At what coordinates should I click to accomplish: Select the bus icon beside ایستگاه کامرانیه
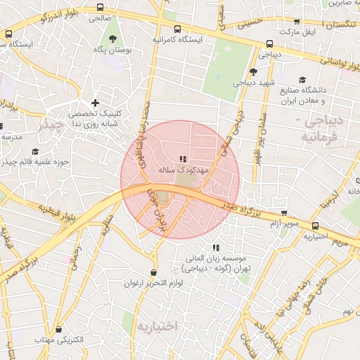click(176, 30)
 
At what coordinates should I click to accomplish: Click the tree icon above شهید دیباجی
click(253, 71)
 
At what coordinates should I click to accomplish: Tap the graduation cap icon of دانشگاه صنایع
click(302, 79)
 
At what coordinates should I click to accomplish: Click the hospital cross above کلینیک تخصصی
click(95, 103)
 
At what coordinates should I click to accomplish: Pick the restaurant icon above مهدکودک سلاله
click(184, 160)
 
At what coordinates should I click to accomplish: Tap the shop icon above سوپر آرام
click(284, 212)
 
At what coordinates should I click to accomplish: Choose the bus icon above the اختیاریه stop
click(316, 226)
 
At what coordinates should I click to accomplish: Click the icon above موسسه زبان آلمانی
click(216, 247)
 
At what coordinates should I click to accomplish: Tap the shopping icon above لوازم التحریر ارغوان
click(154, 273)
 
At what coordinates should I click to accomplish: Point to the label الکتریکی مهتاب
click(60, 340)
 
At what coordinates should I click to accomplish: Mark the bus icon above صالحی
click(99, 8)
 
